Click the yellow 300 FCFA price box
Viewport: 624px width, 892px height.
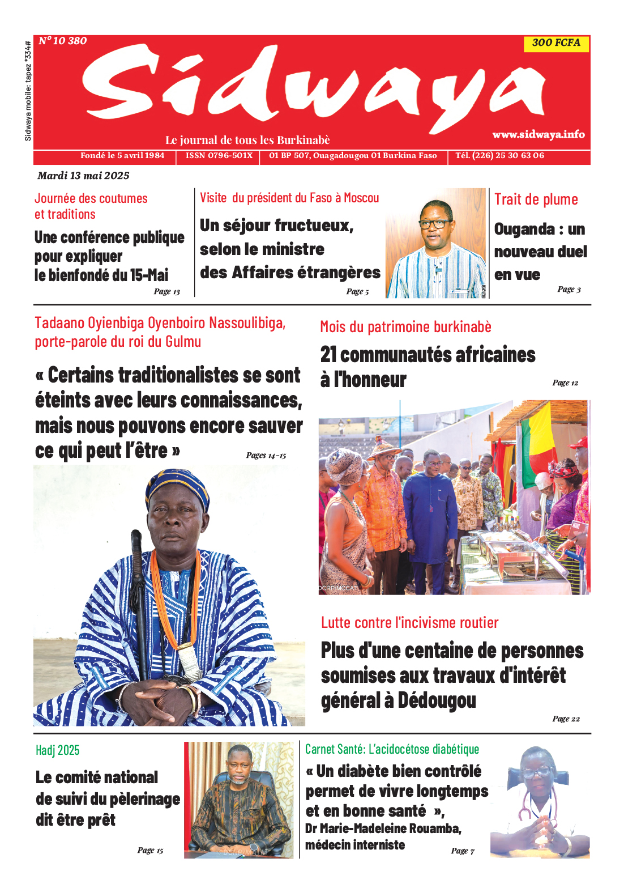pyautogui.click(x=556, y=43)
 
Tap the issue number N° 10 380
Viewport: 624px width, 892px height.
pyautogui.click(x=63, y=41)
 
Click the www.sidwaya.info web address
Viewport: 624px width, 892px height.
pyautogui.click(x=538, y=134)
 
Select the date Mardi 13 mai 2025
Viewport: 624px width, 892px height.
pyautogui.click(x=83, y=176)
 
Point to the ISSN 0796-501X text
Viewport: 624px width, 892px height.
pyautogui.click(x=219, y=155)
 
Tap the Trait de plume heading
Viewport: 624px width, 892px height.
pyautogui.click(x=536, y=199)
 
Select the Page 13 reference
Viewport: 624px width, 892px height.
pyautogui.click(x=166, y=291)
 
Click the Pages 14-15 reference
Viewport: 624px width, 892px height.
pyautogui.click(x=266, y=455)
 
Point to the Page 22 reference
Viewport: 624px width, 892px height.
pyautogui.click(x=566, y=719)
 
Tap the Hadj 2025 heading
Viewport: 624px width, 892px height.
pyautogui.click(x=57, y=750)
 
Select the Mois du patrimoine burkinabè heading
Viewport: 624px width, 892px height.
pyautogui.click(x=405, y=327)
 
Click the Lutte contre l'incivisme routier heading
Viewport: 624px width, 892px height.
pyautogui.click(x=409, y=623)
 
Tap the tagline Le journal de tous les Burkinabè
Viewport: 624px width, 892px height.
pyautogui.click(x=247, y=140)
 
